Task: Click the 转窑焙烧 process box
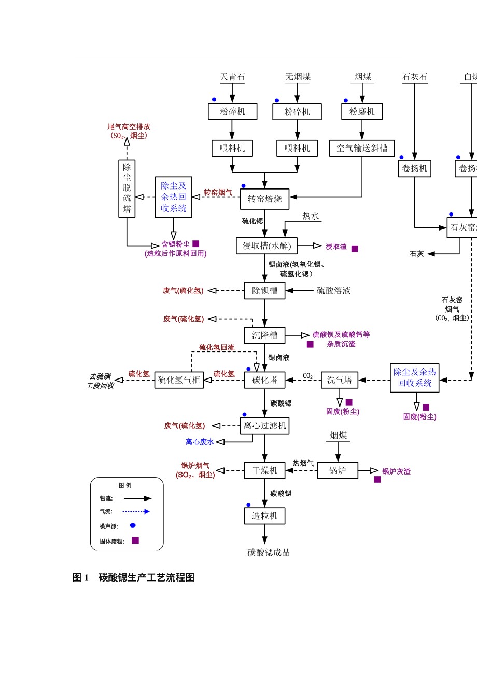click(x=264, y=198)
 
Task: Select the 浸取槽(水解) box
click(x=267, y=246)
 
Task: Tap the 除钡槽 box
click(x=265, y=291)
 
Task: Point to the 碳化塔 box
click(x=265, y=380)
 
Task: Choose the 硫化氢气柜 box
click(x=179, y=380)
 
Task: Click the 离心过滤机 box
click(x=265, y=426)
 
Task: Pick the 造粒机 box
click(x=265, y=516)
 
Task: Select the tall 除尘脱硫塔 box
click(x=127, y=188)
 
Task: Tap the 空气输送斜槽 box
click(x=362, y=148)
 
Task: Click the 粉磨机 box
click(x=362, y=112)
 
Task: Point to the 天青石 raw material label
click(x=232, y=77)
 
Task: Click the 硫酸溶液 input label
click(x=334, y=291)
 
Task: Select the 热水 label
click(x=311, y=216)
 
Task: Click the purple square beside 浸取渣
click(x=355, y=249)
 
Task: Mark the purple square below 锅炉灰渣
click(x=377, y=480)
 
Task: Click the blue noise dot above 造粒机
click(x=248, y=505)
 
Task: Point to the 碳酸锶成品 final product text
click(x=269, y=552)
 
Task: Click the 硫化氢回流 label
click(x=217, y=347)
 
